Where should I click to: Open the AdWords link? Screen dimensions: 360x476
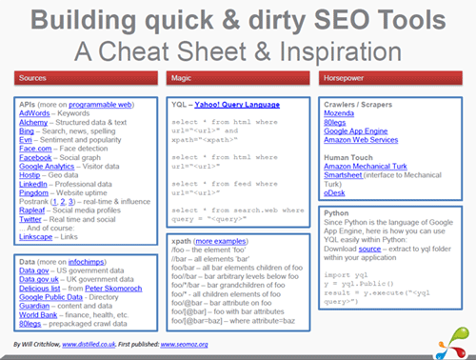(35, 111)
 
